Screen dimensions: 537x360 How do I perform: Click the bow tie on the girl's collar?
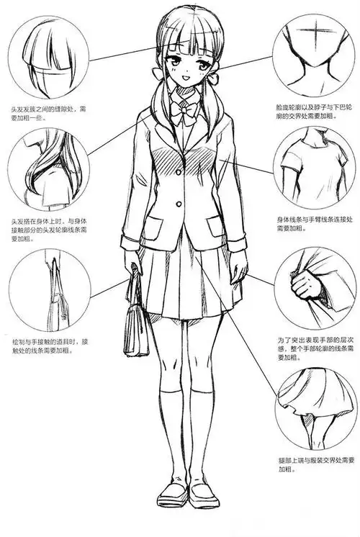pos(180,113)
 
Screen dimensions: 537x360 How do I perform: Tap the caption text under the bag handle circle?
pos(48,345)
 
